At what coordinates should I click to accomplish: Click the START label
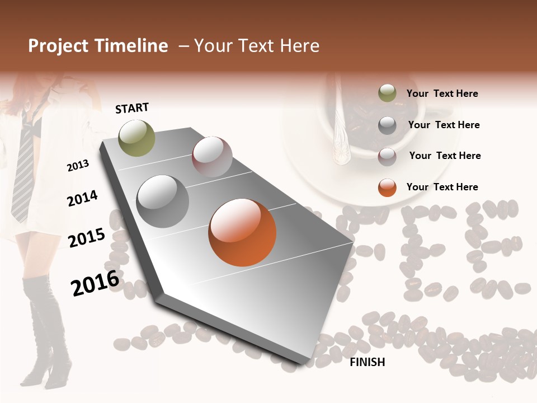(132, 107)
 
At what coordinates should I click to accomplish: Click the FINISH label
(367, 362)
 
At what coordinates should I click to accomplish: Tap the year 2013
(78, 165)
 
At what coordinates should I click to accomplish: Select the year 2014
(82, 199)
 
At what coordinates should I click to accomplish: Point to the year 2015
(86, 238)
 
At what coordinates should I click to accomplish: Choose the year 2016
(95, 283)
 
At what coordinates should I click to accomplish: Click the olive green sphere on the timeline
(136, 138)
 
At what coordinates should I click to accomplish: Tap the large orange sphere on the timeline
(242, 232)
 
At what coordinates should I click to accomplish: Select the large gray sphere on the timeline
(163, 201)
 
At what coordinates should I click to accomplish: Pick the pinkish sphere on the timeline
(212, 157)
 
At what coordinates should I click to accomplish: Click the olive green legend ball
(387, 93)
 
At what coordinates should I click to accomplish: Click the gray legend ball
(387, 125)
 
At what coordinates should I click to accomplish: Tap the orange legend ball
(387, 188)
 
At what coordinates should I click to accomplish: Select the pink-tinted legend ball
(387, 157)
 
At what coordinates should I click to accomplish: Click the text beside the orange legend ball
(442, 187)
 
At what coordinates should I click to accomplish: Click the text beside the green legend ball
(442, 93)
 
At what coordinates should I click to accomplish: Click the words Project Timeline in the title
(98, 46)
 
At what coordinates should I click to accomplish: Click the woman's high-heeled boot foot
(45, 369)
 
